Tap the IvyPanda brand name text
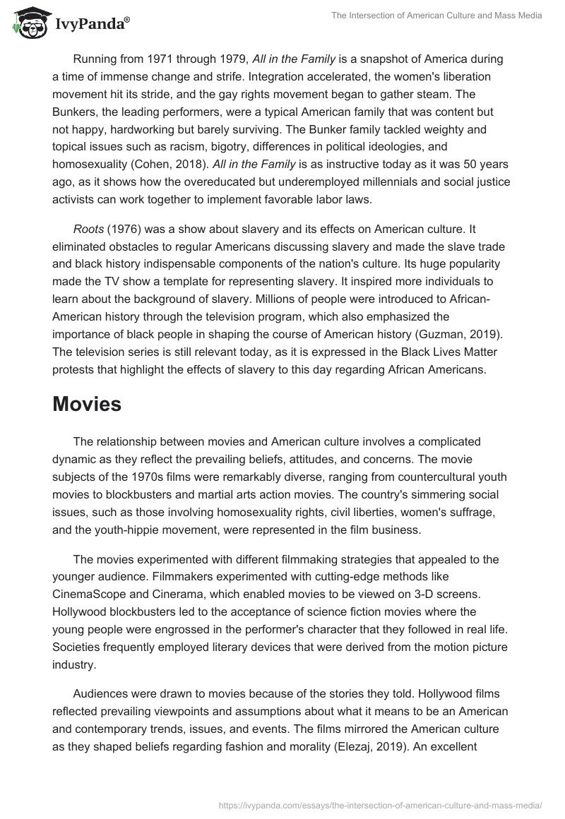90,23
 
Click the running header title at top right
436,16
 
